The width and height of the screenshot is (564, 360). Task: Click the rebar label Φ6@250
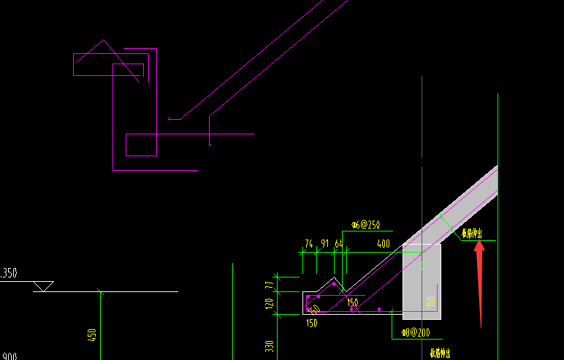(x=365, y=225)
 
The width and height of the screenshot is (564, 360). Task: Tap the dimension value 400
(x=383, y=243)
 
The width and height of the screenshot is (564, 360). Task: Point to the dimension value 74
(x=308, y=244)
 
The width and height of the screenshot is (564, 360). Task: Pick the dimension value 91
(x=324, y=244)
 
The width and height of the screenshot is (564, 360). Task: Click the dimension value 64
(x=339, y=244)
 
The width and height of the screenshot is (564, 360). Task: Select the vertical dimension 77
(x=269, y=284)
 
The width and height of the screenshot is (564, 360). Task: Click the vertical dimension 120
(x=269, y=303)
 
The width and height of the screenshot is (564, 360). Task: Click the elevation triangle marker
(x=44, y=286)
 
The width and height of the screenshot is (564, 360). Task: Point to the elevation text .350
(x=9, y=273)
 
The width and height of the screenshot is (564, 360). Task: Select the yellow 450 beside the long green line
(x=92, y=335)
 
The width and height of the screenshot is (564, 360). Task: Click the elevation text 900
(x=9, y=356)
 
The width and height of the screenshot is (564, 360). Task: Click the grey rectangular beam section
(x=422, y=281)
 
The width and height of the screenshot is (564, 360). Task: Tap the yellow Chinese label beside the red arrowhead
(x=471, y=234)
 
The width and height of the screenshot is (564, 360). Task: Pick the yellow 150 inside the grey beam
(x=431, y=302)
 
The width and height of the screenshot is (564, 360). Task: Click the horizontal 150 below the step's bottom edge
(x=312, y=323)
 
